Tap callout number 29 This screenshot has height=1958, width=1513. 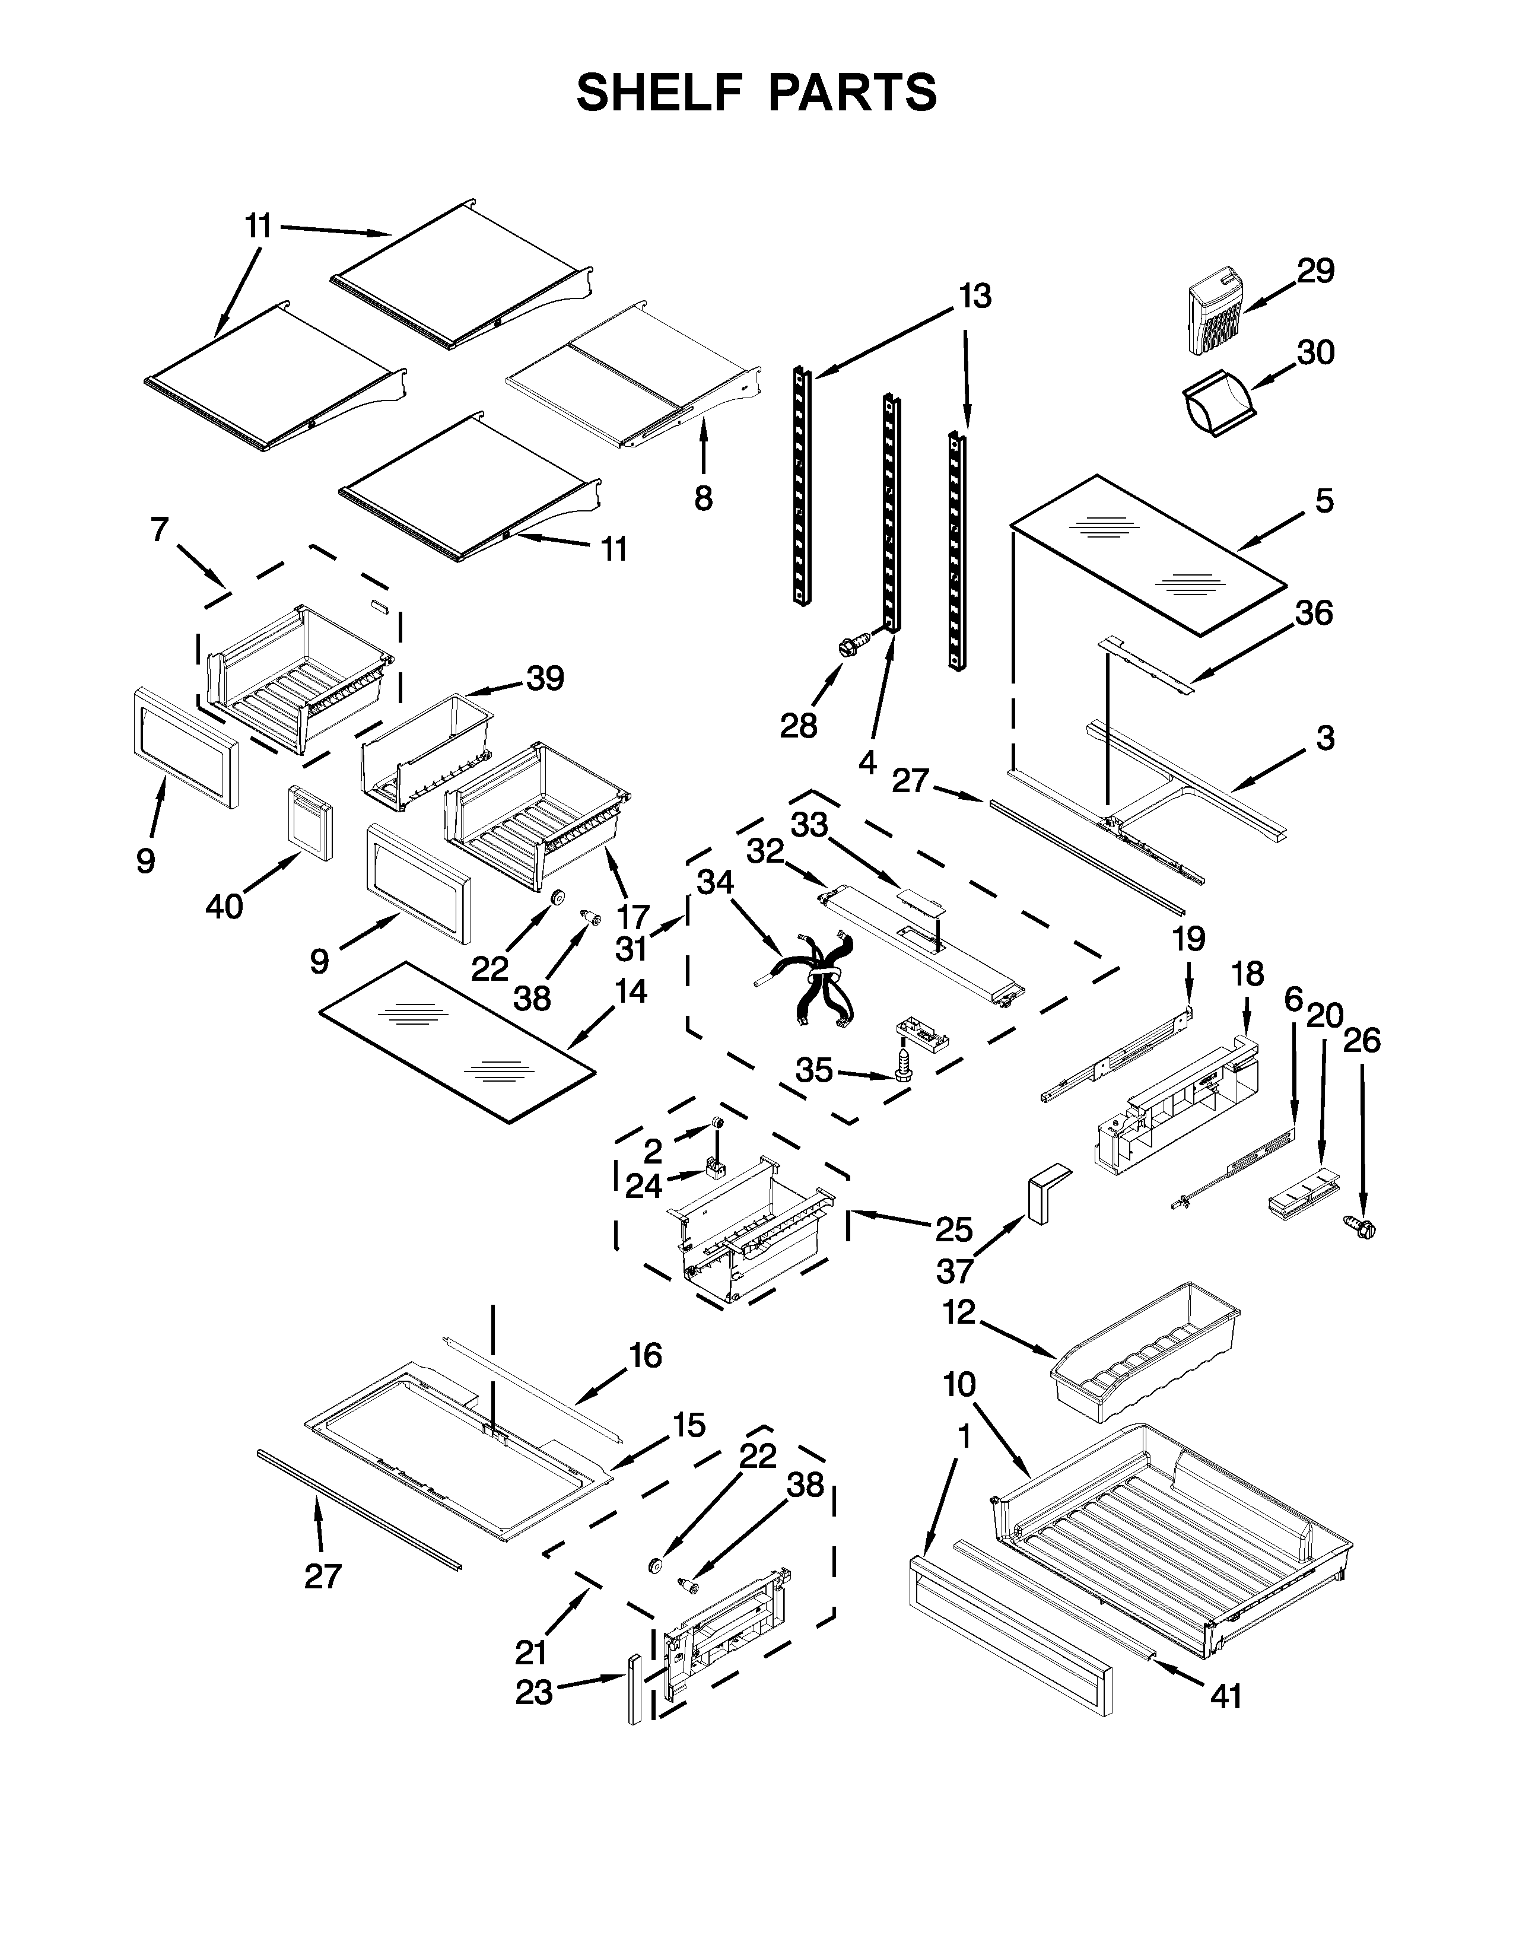tap(1315, 271)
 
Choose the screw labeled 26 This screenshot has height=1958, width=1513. tap(1360, 1228)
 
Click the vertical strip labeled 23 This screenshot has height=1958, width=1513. tap(635, 1689)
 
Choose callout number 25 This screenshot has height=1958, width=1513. tap(953, 1229)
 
